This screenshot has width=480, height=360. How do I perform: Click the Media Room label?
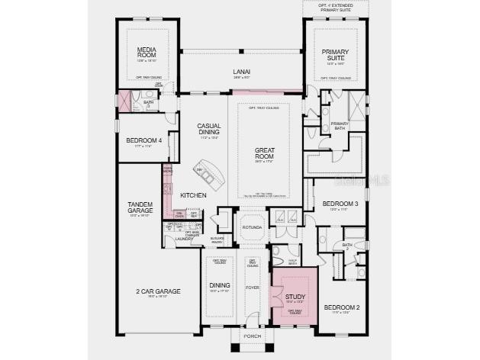tap(147, 53)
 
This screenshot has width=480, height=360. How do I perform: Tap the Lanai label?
tap(242, 73)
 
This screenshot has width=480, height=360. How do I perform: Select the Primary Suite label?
tap(334, 55)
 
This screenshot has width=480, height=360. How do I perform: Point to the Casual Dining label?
tap(208, 129)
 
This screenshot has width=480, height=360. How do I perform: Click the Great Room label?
tap(264, 153)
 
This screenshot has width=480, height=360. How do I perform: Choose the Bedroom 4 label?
tap(144, 140)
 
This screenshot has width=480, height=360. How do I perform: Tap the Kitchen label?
tap(193, 196)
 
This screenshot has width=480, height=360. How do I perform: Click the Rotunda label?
tap(252, 227)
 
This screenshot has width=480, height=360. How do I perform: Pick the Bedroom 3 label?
tap(340, 204)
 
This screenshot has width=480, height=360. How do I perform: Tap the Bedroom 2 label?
tap(341, 307)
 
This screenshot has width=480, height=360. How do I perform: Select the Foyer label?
tap(253, 288)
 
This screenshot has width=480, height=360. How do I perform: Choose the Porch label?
tap(252, 336)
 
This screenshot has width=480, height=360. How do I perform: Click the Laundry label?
tap(184, 239)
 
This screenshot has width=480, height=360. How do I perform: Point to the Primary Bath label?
tap(340, 126)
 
